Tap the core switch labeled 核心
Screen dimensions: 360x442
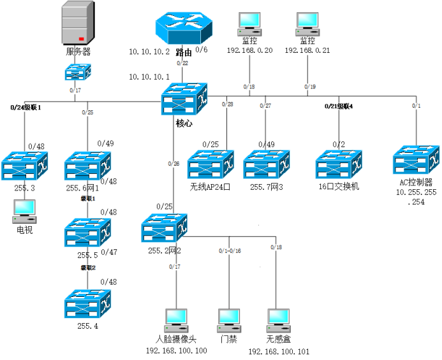[x=184, y=99]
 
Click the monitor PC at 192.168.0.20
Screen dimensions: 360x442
[x=248, y=24]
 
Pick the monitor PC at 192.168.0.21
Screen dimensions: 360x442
[x=307, y=24]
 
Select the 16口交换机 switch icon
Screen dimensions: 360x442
[x=339, y=165]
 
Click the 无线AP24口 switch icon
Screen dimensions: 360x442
[x=210, y=165]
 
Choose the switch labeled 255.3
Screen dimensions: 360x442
[x=24, y=165]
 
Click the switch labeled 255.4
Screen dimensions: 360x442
[x=87, y=304]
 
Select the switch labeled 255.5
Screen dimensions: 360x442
[x=87, y=234]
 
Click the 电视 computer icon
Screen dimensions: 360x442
[x=24, y=211]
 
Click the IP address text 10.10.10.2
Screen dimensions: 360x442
[x=149, y=52]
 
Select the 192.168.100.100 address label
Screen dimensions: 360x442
[x=176, y=350]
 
